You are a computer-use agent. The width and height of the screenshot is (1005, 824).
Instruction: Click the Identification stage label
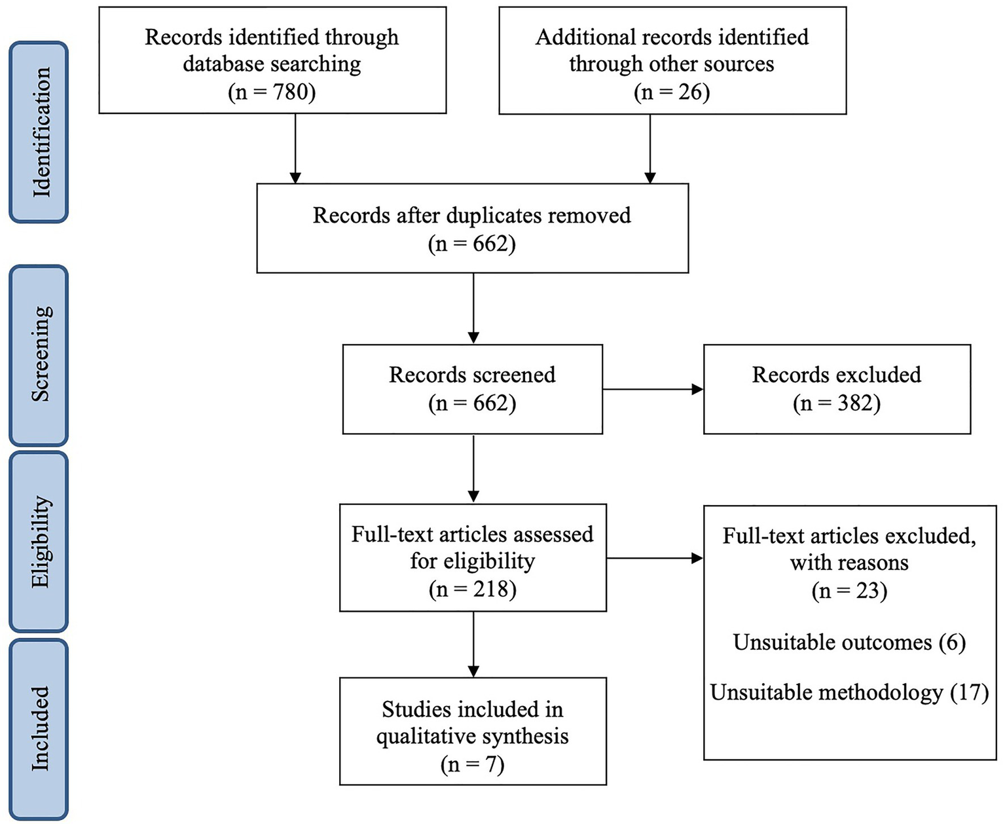(39, 132)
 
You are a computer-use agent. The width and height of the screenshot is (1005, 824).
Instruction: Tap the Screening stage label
(39, 354)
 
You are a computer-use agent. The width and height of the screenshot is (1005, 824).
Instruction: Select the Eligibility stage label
(39, 541)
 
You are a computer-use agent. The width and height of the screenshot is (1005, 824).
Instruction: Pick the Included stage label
(39, 728)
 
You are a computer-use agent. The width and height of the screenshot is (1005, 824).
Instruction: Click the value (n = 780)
(272, 92)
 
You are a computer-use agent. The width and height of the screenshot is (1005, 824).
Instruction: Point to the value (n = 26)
(672, 92)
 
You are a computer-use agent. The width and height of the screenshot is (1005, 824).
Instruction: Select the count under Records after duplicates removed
(472, 244)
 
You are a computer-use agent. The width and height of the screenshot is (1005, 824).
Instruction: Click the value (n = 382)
(836, 403)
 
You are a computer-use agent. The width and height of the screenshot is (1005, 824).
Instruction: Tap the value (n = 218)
(472, 590)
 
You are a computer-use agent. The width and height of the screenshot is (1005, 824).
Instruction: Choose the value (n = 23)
(849, 591)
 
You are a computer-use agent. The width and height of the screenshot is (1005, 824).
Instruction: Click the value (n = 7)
(472, 764)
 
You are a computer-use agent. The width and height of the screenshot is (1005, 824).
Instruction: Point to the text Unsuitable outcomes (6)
(849, 643)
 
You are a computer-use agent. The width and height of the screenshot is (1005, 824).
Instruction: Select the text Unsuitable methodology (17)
(849, 692)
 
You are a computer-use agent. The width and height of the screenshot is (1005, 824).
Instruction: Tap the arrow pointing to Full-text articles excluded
(655, 559)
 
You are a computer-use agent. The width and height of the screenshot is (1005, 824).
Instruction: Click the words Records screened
(472, 375)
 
